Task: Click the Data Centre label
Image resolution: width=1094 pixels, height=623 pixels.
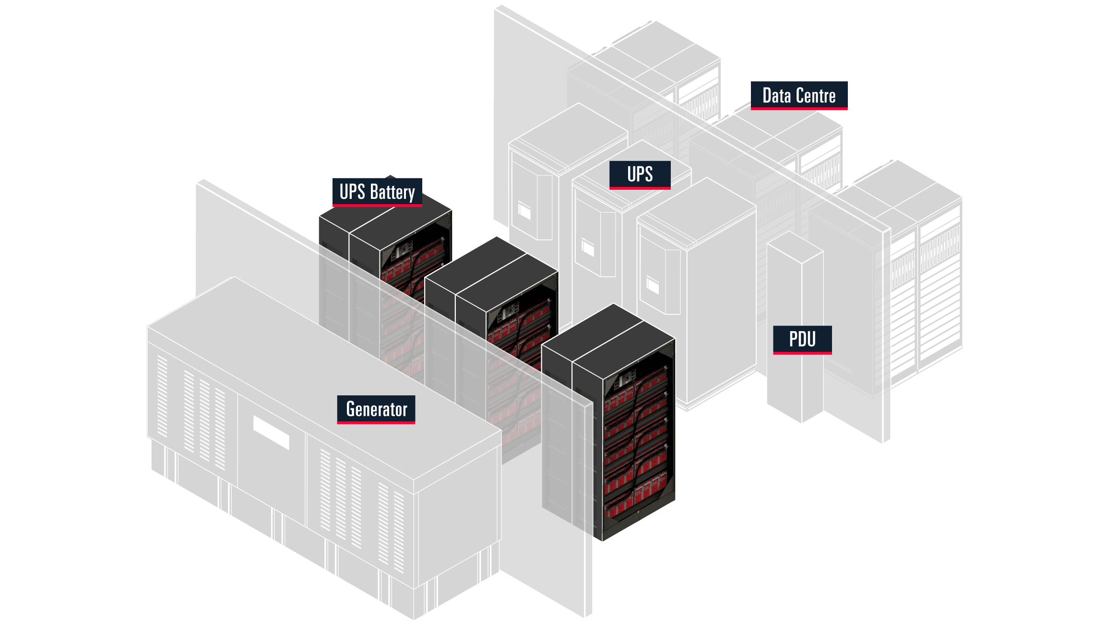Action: click(x=799, y=95)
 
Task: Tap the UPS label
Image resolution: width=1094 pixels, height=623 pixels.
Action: click(x=640, y=174)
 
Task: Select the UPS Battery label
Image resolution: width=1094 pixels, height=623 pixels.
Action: click(x=377, y=192)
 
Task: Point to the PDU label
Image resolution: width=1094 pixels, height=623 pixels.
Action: click(x=802, y=339)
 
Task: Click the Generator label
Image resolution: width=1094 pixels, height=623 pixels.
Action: click(x=376, y=409)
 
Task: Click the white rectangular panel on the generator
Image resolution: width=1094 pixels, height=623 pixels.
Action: click(x=271, y=432)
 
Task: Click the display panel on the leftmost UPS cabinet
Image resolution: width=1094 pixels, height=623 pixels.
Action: click(x=524, y=211)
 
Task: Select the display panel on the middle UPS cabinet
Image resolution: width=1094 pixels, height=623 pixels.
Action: click(x=588, y=248)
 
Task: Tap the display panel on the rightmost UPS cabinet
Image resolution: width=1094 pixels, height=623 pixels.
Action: click(x=653, y=286)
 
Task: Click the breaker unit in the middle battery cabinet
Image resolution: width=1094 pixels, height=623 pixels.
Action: click(x=509, y=314)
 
